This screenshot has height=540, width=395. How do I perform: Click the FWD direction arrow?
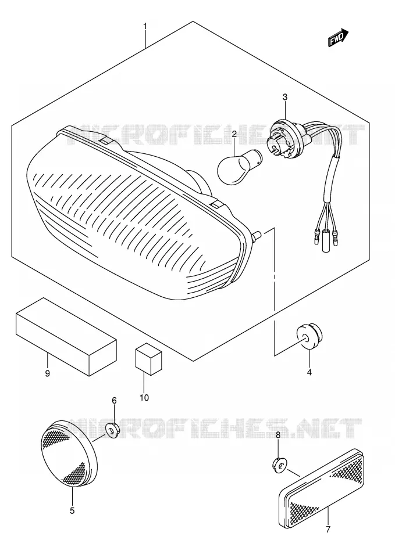[339, 37]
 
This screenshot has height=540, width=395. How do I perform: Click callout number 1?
[145, 26]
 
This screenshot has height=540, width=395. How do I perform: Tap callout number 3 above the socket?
[285, 98]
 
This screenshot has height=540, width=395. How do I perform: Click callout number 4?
[309, 372]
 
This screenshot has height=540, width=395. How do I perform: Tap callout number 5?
[72, 510]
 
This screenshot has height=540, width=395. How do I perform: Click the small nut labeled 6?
[112, 430]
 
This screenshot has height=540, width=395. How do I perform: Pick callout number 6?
[114, 401]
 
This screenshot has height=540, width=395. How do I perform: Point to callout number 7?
[328, 529]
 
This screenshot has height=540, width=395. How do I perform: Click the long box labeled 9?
[66, 336]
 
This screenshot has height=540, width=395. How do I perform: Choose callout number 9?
[47, 373]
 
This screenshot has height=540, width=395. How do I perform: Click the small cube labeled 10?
[148, 358]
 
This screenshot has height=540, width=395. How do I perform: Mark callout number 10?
[144, 398]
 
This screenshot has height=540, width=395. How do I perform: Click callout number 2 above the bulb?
[234, 134]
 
